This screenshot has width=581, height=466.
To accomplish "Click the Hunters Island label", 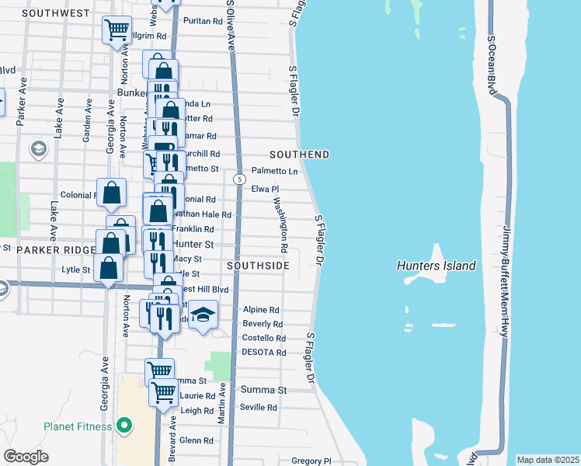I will (x=436, y=266).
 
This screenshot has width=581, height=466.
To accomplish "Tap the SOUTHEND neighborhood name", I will (x=299, y=155).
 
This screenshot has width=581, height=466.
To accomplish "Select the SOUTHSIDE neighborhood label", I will (x=258, y=266).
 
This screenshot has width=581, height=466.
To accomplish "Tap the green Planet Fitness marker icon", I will (x=123, y=426).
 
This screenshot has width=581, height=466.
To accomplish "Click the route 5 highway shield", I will (x=239, y=179).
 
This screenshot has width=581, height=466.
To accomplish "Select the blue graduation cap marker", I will (x=203, y=315).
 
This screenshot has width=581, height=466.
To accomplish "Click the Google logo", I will (x=26, y=457).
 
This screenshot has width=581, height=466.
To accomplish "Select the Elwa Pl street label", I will (x=264, y=189).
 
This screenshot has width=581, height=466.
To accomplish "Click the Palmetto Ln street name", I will (x=274, y=171).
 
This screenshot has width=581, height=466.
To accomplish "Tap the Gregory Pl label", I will (x=311, y=461).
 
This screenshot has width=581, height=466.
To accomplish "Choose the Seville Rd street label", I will (x=259, y=407).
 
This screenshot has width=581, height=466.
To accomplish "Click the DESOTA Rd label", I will (x=264, y=352).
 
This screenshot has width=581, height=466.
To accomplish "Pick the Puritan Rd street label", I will (x=207, y=21).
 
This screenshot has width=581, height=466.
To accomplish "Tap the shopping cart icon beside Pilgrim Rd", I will (x=117, y=30).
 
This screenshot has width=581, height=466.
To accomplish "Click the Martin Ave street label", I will (x=221, y=402).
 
